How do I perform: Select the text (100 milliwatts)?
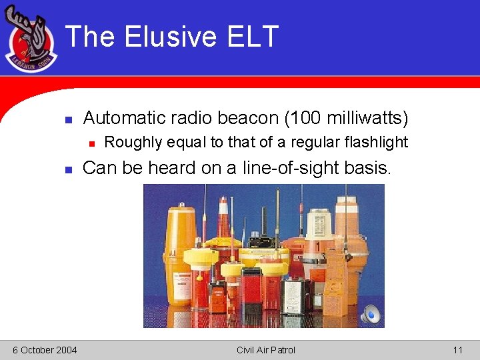(346, 118)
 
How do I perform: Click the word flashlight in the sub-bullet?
(376, 142)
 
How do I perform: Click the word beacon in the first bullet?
(245, 118)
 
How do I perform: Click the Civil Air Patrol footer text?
(265, 350)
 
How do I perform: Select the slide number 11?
(457, 350)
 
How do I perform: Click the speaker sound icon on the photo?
(370, 313)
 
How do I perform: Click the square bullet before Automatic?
(68, 120)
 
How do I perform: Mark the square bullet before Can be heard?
(68, 170)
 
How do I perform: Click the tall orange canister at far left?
(180, 253)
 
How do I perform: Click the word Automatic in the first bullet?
(124, 118)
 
